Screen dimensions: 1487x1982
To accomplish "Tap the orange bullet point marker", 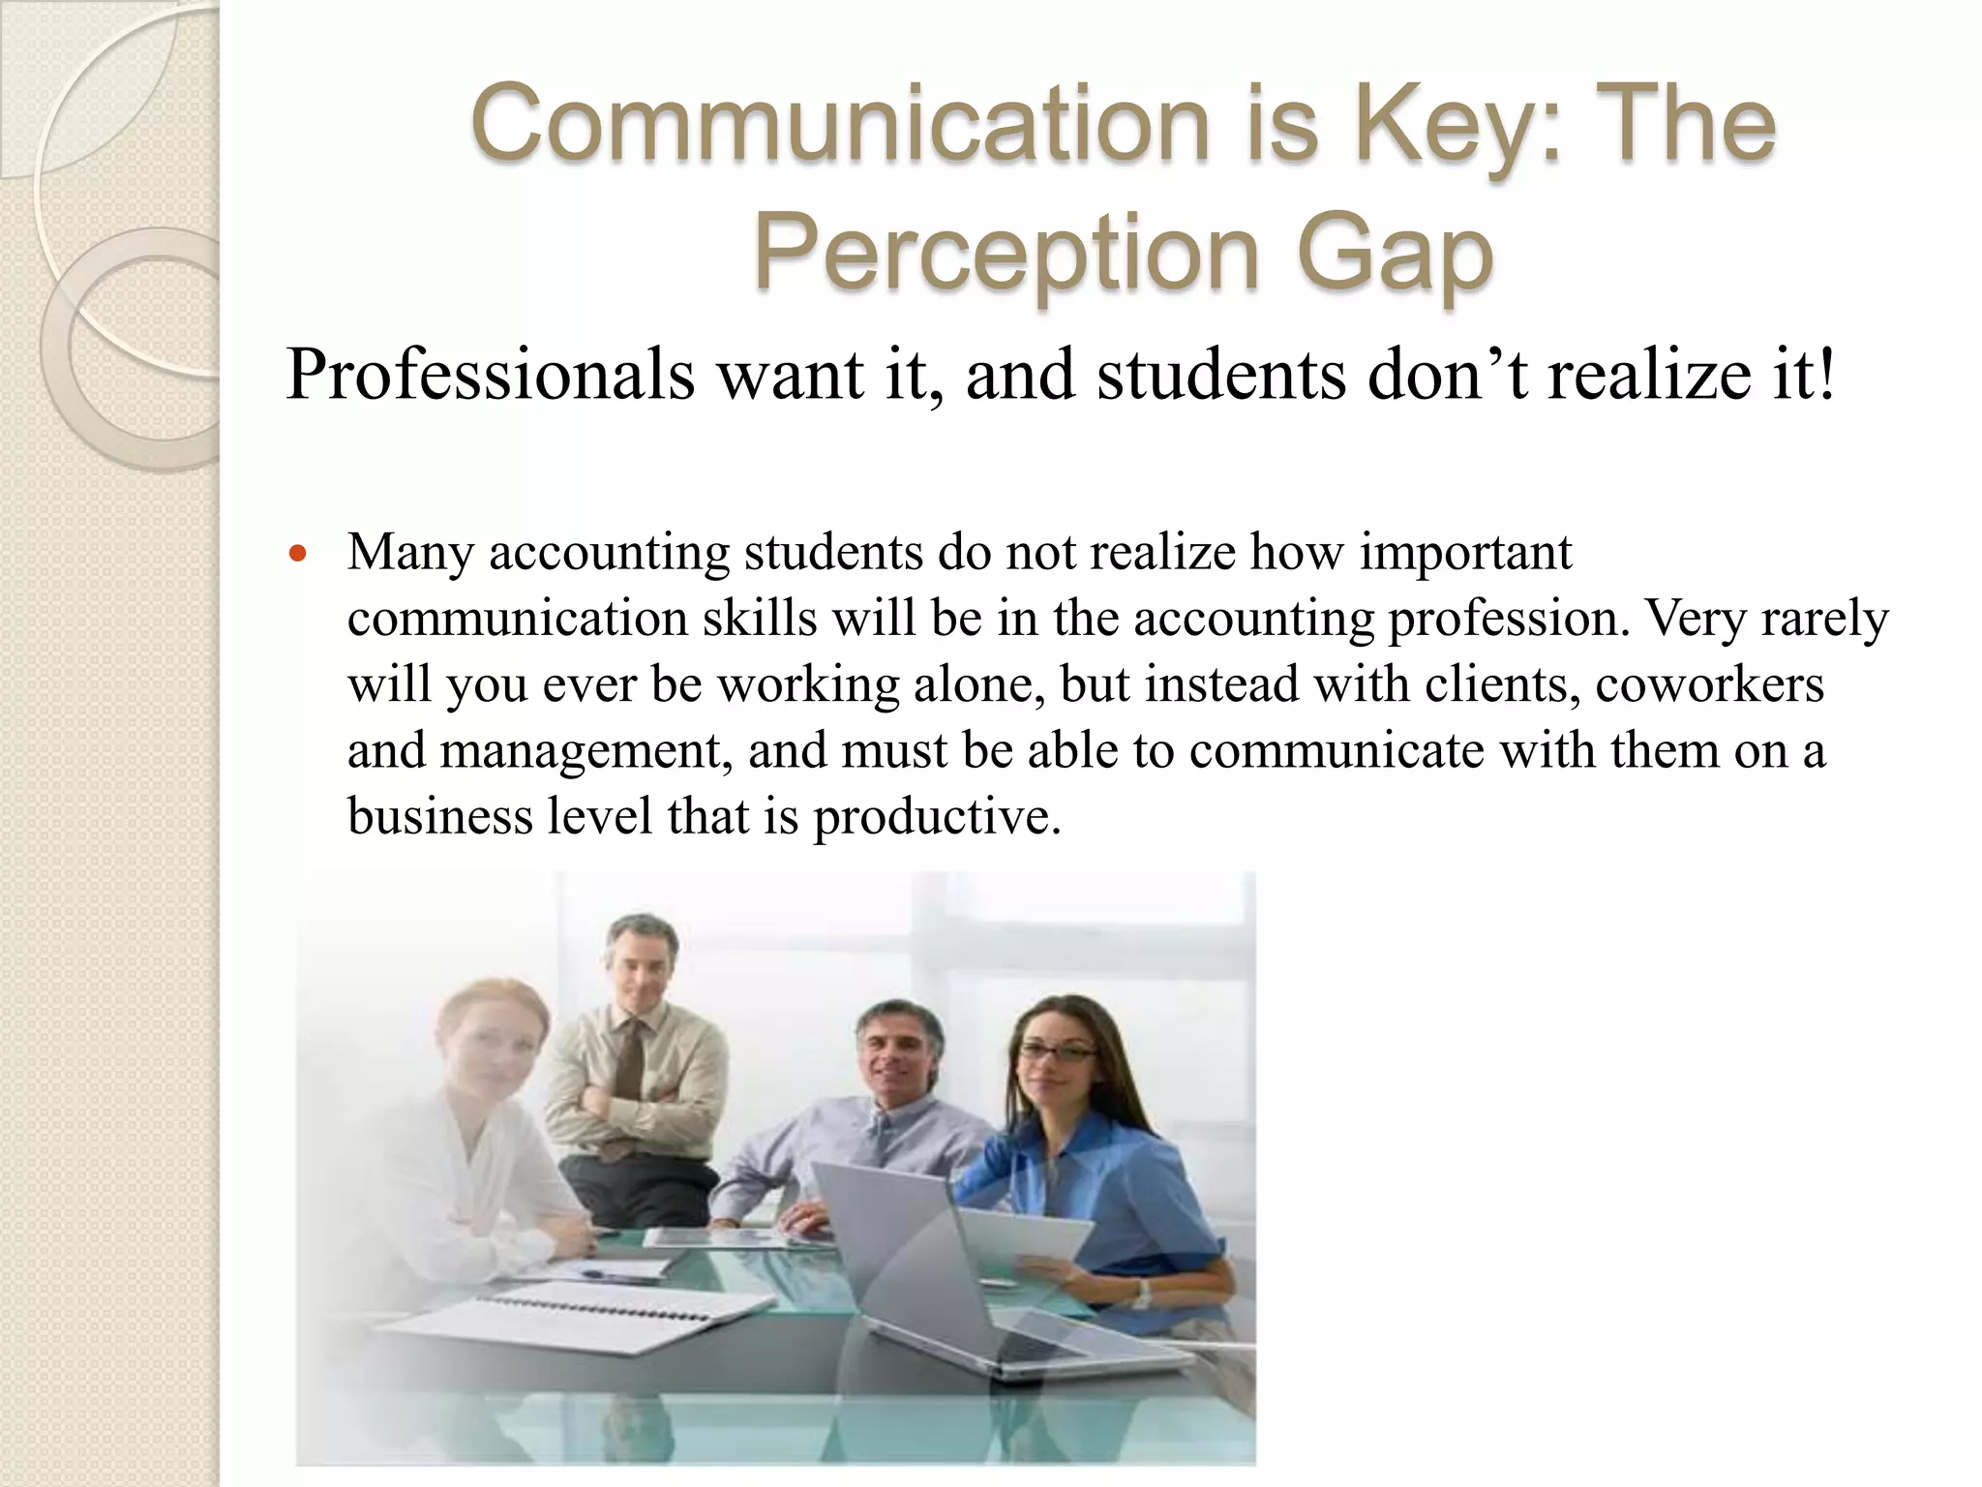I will pos(298,555).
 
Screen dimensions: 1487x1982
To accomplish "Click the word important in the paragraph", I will pos(1465,553).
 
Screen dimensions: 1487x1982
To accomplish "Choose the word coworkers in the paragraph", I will pos(1709,684).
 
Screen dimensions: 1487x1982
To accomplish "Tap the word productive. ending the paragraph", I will pos(937,816).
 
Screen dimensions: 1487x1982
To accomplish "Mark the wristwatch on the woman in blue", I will pos(1142,1293).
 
